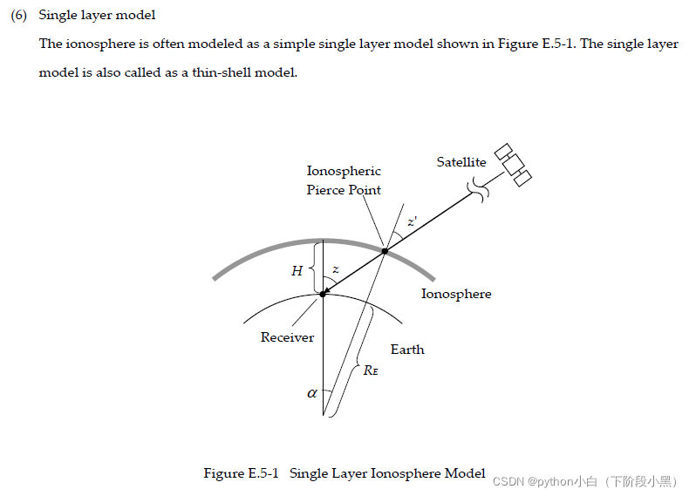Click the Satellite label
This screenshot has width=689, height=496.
pyautogui.click(x=461, y=162)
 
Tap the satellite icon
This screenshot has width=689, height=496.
pyautogui.click(x=513, y=165)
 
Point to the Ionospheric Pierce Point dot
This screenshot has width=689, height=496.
pyautogui.click(x=385, y=251)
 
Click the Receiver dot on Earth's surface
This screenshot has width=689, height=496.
pyautogui.click(x=323, y=295)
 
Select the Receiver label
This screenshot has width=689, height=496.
pyautogui.click(x=287, y=337)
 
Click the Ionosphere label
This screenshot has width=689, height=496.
pyautogui.click(x=456, y=294)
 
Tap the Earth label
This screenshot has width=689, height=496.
pyautogui.click(x=407, y=350)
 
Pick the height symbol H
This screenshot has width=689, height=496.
pyautogui.click(x=297, y=271)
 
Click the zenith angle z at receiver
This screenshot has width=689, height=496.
pyautogui.click(x=336, y=269)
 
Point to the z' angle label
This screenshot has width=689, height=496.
pyautogui.click(x=412, y=224)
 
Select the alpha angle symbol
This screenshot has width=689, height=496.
pyautogui.click(x=312, y=393)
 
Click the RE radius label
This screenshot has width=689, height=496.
pyautogui.click(x=371, y=370)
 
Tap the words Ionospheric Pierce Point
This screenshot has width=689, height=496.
pyautogui.click(x=344, y=180)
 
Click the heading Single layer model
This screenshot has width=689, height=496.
pyautogui.click(x=97, y=16)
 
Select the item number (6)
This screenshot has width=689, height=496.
pyautogui.click(x=19, y=16)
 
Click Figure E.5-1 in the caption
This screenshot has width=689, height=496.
pyautogui.click(x=241, y=473)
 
